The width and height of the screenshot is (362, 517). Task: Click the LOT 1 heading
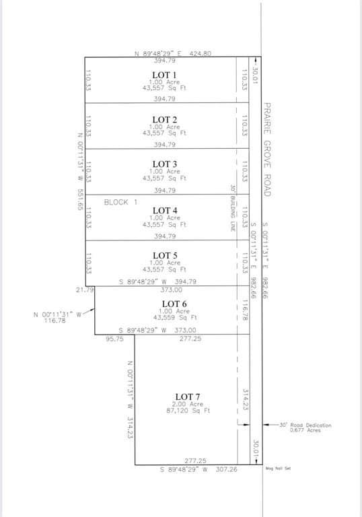pyautogui.click(x=164, y=75)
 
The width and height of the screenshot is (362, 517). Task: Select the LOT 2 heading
pyautogui.click(x=164, y=120)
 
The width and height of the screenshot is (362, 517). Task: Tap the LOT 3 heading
pyautogui.click(x=164, y=164)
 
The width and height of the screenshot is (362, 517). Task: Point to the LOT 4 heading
pyautogui.click(x=164, y=211)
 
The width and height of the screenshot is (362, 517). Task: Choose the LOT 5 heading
pyautogui.click(x=164, y=255)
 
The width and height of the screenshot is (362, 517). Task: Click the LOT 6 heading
pyautogui.click(x=174, y=304)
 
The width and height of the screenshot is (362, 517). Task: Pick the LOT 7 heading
pyautogui.click(x=187, y=397)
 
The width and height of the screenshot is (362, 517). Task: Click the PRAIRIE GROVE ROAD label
pyautogui.click(x=266, y=149)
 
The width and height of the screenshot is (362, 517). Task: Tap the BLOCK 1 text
pyautogui.click(x=120, y=202)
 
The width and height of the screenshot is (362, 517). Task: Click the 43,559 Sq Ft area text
pyautogui.click(x=174, y=317)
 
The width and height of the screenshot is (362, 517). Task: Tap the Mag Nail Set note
pyautogui.click(x=278, y=469)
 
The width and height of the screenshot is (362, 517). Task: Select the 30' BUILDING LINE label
pyautogui.click(x=231, y=208)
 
